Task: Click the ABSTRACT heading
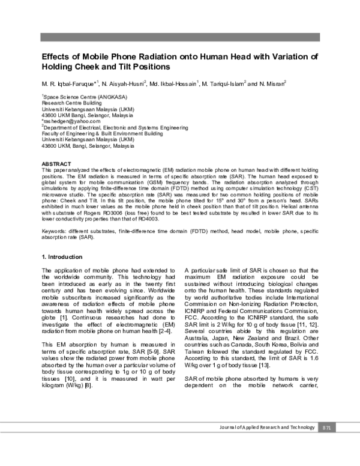pyautogui.click(x=56, y=164)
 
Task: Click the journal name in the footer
pyautogui.click(x=266, y=427)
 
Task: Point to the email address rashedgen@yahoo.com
pyautogui.click(x=66, y=121)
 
